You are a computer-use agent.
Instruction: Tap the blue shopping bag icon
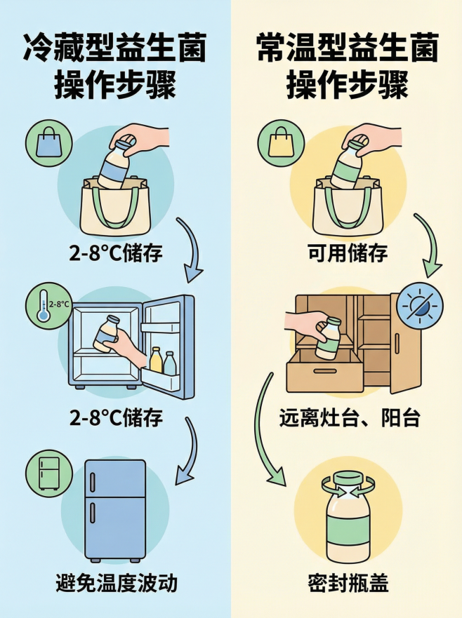pyautogui.click(x=48, y=143)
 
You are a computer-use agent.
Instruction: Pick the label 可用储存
pyautogui.click(x=347, y=253)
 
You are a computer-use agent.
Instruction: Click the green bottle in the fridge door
pyautogui.click(x=169, y=362)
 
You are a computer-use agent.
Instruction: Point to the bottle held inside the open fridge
pyautogui.click(x=106, y=332)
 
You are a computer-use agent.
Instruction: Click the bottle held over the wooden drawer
pyautogui.click(x=329, y=337)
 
